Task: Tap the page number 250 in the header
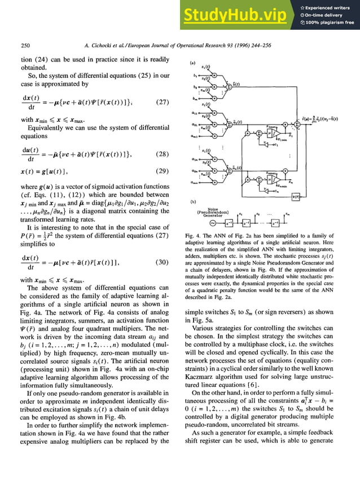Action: pos(25,45)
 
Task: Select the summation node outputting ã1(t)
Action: pos(227,122)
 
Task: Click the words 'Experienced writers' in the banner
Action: pos(329,7)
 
